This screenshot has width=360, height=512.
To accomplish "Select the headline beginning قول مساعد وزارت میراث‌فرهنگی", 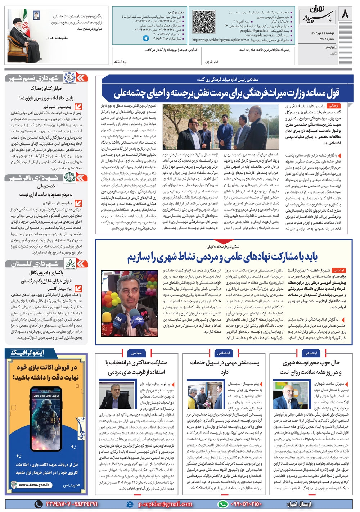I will tap(227, 94).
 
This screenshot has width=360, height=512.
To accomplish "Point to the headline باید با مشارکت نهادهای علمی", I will tap(222, 257).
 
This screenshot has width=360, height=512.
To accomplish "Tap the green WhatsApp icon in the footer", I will tap(223, 504).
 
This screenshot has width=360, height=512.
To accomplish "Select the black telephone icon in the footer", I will tap(39, 504).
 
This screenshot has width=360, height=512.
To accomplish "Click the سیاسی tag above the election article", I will tap(137, 353).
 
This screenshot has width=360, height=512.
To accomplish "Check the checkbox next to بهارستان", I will tap(336, 47).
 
